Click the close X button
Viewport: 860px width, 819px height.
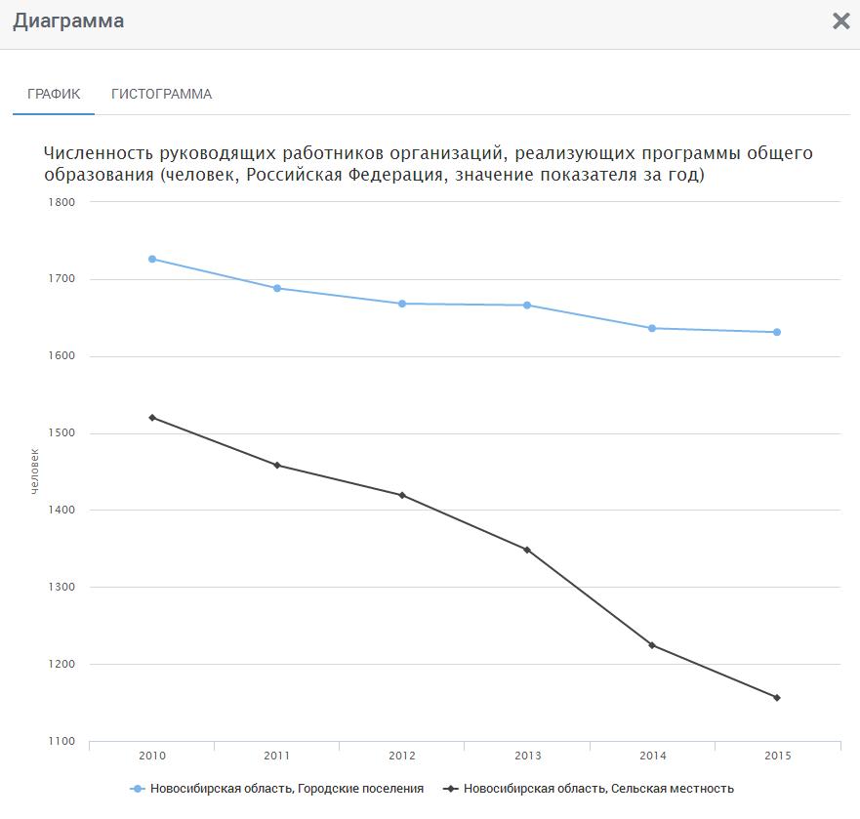[x=840, y=21]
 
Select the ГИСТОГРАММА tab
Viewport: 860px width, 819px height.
[x=161, y=95]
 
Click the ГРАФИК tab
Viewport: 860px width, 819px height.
[x=54, y=95]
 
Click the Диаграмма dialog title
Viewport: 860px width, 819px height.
[x=68, y=20]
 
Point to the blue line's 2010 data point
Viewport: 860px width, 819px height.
[x=152, y=259]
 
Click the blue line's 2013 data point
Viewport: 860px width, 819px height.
[x=527, y=306]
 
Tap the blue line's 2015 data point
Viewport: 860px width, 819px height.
[x=777, y=332]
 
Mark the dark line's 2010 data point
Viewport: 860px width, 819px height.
[x=152, y=418]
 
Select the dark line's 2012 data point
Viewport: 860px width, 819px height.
[x=402, y=495]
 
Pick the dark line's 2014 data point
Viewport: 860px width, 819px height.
[x=652, y=645]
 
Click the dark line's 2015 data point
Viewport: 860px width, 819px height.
[x=777, y=698]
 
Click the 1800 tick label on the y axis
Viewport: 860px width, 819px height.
[x=61, y=202]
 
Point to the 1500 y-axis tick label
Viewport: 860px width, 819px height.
[x=61, y=433]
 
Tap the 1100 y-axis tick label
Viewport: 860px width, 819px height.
[x=61, y=742]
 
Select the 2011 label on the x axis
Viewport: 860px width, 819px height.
[x=276, y=757]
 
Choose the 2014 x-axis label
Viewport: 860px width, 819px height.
[x=652, y=757]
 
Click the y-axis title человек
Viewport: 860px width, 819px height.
[x=35, y=471]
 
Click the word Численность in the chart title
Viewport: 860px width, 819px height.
[x=100, y=154]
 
